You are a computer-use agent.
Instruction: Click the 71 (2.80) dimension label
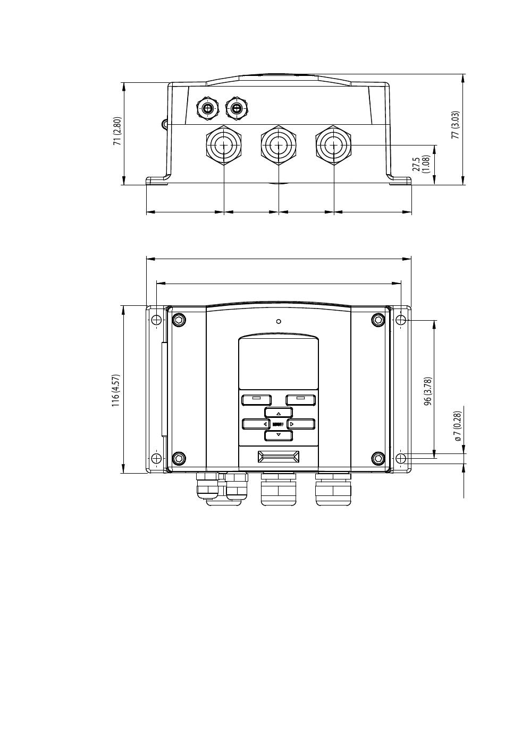117,131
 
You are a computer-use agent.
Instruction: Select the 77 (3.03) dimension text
456,125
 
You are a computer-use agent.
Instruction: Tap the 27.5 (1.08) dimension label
421,164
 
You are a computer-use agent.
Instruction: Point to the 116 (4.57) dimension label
115,390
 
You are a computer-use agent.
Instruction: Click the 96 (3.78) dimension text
428,391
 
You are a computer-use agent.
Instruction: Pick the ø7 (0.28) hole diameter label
457,426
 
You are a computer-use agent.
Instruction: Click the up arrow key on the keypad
278,413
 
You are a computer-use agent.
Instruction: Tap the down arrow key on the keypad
278,435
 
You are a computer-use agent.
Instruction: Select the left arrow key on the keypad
256,424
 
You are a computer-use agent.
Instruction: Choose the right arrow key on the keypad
301,424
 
